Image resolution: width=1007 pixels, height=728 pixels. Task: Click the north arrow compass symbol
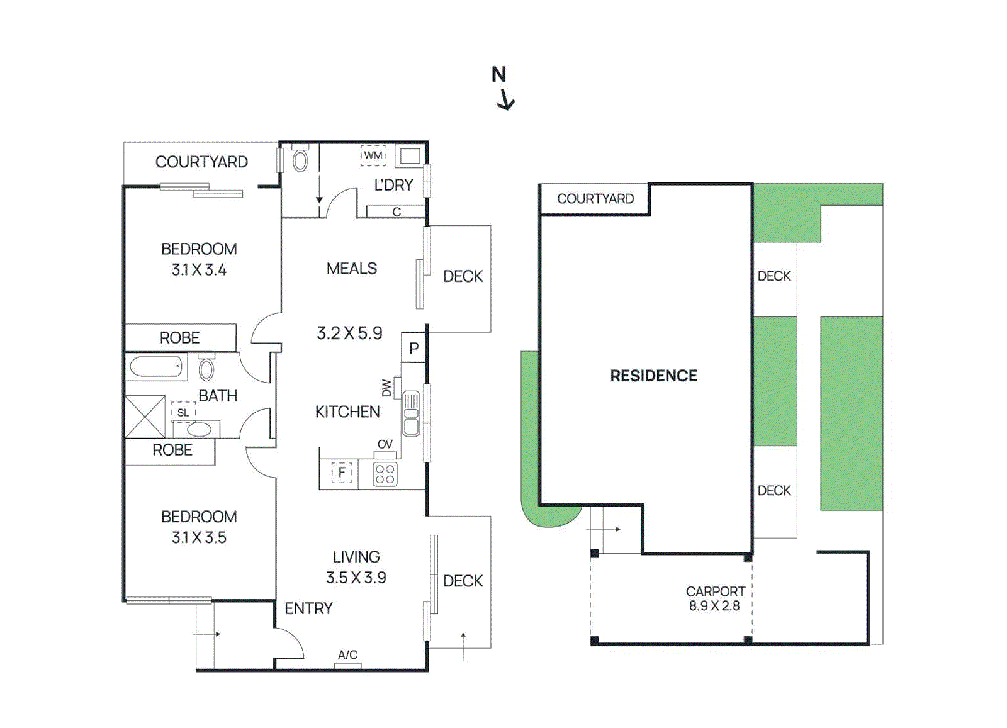point(503,88)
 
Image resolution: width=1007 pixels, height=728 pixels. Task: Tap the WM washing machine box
point(373,155)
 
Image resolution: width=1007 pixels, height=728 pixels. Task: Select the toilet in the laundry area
point(300,160)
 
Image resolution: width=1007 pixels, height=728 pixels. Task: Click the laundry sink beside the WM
point(410,156)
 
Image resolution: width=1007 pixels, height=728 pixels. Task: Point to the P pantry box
point(413,348)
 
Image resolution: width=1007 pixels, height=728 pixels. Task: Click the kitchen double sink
point(411,413)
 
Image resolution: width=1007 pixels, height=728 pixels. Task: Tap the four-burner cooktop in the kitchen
point(385,474)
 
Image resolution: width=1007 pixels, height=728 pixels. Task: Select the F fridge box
point(342,472)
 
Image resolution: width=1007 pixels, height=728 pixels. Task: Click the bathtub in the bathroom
point(156,367)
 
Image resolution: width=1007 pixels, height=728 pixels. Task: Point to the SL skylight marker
point(183,412)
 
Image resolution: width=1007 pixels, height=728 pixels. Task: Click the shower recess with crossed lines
point(145,417)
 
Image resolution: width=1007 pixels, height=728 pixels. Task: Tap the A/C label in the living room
point(347,655)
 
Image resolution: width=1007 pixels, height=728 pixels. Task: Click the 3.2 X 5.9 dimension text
point(349,333)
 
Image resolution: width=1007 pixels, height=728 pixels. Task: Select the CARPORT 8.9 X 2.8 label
point(715,598)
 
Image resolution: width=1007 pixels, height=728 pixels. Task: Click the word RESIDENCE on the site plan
point(653,376)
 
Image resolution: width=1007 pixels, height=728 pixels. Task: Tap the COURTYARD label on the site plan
point(595,199)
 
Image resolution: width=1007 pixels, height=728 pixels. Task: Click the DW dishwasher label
point(386,388)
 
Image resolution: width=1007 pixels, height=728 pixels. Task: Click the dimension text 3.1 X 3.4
point(199,270)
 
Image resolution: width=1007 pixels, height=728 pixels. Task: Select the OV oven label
point(385,444)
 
